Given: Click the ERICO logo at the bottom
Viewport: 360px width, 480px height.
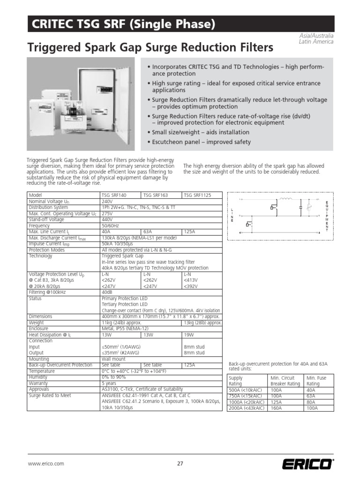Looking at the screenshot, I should (307, 464).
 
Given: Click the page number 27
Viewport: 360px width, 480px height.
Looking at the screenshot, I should (180, 464).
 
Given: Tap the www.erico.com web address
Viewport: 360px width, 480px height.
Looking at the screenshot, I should (46, 464).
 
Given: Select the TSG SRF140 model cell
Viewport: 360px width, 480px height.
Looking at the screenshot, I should (114, 195).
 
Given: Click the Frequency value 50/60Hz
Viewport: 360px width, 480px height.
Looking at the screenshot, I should (111, 225).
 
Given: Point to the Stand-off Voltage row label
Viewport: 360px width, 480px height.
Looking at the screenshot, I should (46, 219).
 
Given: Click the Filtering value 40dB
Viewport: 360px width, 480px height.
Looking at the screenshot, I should (107, 292).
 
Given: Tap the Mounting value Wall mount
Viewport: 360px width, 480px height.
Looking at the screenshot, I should (113, 359).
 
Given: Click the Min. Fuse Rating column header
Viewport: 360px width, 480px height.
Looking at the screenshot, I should (316, 381).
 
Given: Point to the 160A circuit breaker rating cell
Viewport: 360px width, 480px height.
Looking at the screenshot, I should (277, 408).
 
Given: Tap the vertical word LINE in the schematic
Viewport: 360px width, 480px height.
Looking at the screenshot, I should (232, 215).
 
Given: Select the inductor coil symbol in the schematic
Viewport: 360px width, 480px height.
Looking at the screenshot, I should (286, 199).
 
